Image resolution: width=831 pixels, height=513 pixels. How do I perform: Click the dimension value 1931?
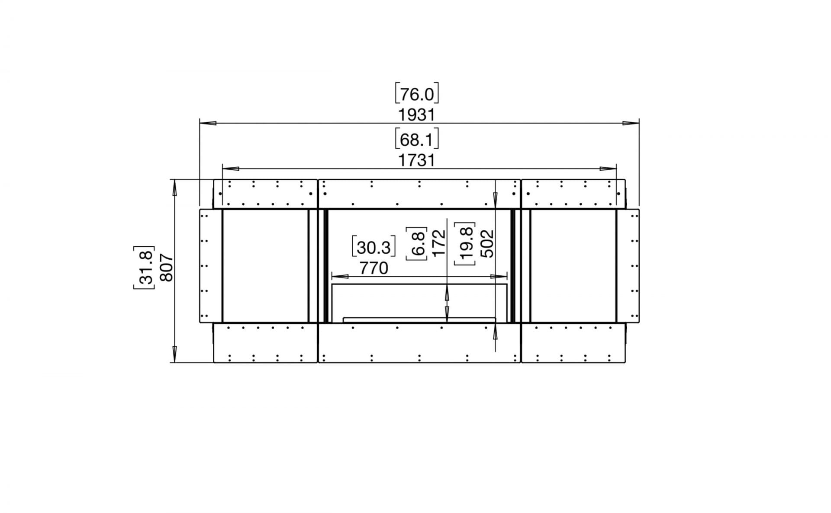tap(416, 115)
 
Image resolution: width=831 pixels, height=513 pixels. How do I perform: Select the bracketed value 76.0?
tap(417, 94)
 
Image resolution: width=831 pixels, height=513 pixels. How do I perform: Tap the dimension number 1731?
tap(416, 161)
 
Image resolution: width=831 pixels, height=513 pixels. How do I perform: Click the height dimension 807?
tap(167, 268)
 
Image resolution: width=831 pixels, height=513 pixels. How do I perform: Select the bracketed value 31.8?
tap(144, 268)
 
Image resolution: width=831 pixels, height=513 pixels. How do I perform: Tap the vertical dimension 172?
tap(439, 243)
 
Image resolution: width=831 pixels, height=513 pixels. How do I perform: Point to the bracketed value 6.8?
tap(417, 244)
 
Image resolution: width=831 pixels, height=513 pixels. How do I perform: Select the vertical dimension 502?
tap(487, 243)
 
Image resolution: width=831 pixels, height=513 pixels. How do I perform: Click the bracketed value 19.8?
tap(465, 243)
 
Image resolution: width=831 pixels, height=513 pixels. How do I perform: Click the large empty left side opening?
tap(265, 266)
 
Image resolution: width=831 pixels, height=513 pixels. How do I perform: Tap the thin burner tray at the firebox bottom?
tap(419, 320)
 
